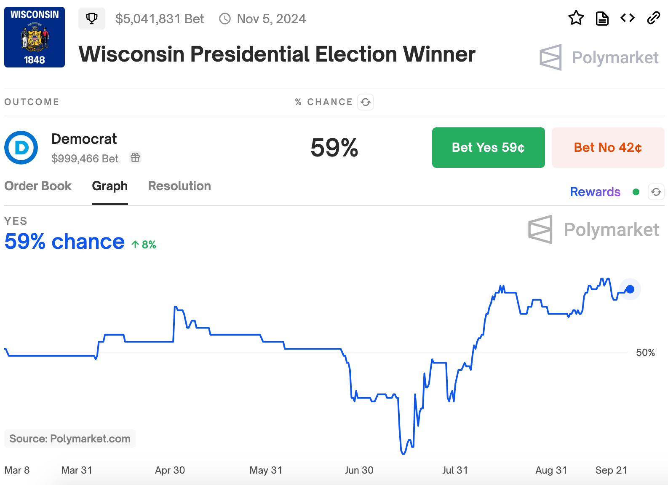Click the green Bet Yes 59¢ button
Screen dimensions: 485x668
488,148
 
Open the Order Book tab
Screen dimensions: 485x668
38,186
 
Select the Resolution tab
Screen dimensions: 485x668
179,186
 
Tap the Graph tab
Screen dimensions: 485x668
110,186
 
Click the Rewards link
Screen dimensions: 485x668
595,192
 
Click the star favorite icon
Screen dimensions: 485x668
576,18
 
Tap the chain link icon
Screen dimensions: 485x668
653,18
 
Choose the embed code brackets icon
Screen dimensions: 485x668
628,18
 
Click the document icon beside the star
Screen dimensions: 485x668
602,19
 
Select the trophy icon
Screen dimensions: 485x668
92,19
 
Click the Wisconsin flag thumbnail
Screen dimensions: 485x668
35,37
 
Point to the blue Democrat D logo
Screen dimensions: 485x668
21,148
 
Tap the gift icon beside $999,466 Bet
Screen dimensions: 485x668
135,158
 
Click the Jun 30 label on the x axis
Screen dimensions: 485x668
359,470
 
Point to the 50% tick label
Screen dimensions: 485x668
645,353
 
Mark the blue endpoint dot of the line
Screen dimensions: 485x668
630,289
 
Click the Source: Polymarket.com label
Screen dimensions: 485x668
70,439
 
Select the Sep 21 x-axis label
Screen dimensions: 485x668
611,470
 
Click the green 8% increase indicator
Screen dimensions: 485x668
144,245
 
